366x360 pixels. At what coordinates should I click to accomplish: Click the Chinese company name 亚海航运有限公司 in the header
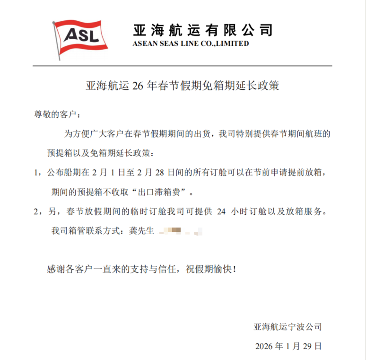coord(203,30)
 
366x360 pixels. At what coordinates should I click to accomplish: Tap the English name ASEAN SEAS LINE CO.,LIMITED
coord(191,44)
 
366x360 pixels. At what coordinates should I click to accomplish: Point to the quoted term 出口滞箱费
coord(160,193)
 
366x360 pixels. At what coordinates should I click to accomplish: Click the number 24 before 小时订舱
coord(221,212)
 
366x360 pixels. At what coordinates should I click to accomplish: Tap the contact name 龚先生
coord(142,232)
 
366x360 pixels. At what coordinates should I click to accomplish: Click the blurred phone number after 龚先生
coord(182,232)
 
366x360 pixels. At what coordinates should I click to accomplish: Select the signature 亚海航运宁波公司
coord(288,327)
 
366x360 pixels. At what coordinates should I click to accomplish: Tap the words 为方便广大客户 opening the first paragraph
coord(89,134)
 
